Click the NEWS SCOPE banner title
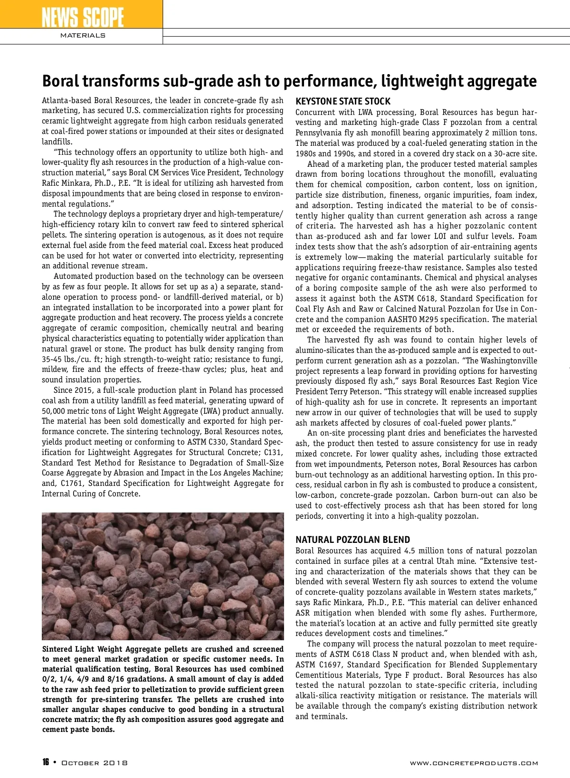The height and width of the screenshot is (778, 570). click(x=82, y=18)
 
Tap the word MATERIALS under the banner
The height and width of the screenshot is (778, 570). click(x=83, y=36)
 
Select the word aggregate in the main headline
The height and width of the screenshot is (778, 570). click(x=502, y=81)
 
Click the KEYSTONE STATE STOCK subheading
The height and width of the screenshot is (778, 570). click(x=343, y=101)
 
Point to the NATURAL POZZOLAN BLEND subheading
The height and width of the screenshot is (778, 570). click(x=352, y=540)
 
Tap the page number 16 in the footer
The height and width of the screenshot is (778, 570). click(x=46, y=762)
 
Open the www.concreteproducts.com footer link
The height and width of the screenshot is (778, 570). click(x=474, y=763)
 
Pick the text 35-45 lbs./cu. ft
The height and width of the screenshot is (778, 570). click(x=76, y=359)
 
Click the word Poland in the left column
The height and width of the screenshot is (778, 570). click(x=221, y=390)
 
